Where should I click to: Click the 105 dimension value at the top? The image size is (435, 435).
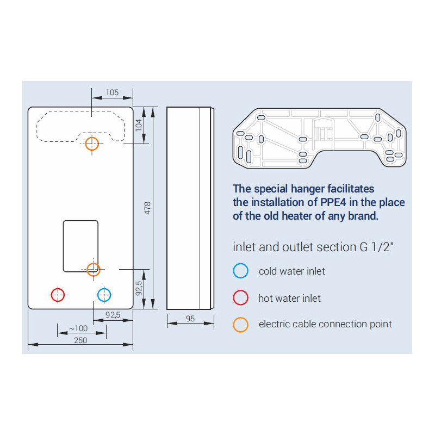[112, 92]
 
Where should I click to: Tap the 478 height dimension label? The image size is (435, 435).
[147, 208]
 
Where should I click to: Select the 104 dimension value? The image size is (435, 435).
[139, 125]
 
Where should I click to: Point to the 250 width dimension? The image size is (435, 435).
[80, 340]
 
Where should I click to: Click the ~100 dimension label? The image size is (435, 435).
[78, 328]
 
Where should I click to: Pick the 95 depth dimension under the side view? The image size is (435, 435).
[190, 319]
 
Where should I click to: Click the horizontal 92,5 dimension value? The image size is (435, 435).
[113, 315]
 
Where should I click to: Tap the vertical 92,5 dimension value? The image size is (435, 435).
[139, 288]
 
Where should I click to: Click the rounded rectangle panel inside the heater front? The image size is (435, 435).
[64, 246]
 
